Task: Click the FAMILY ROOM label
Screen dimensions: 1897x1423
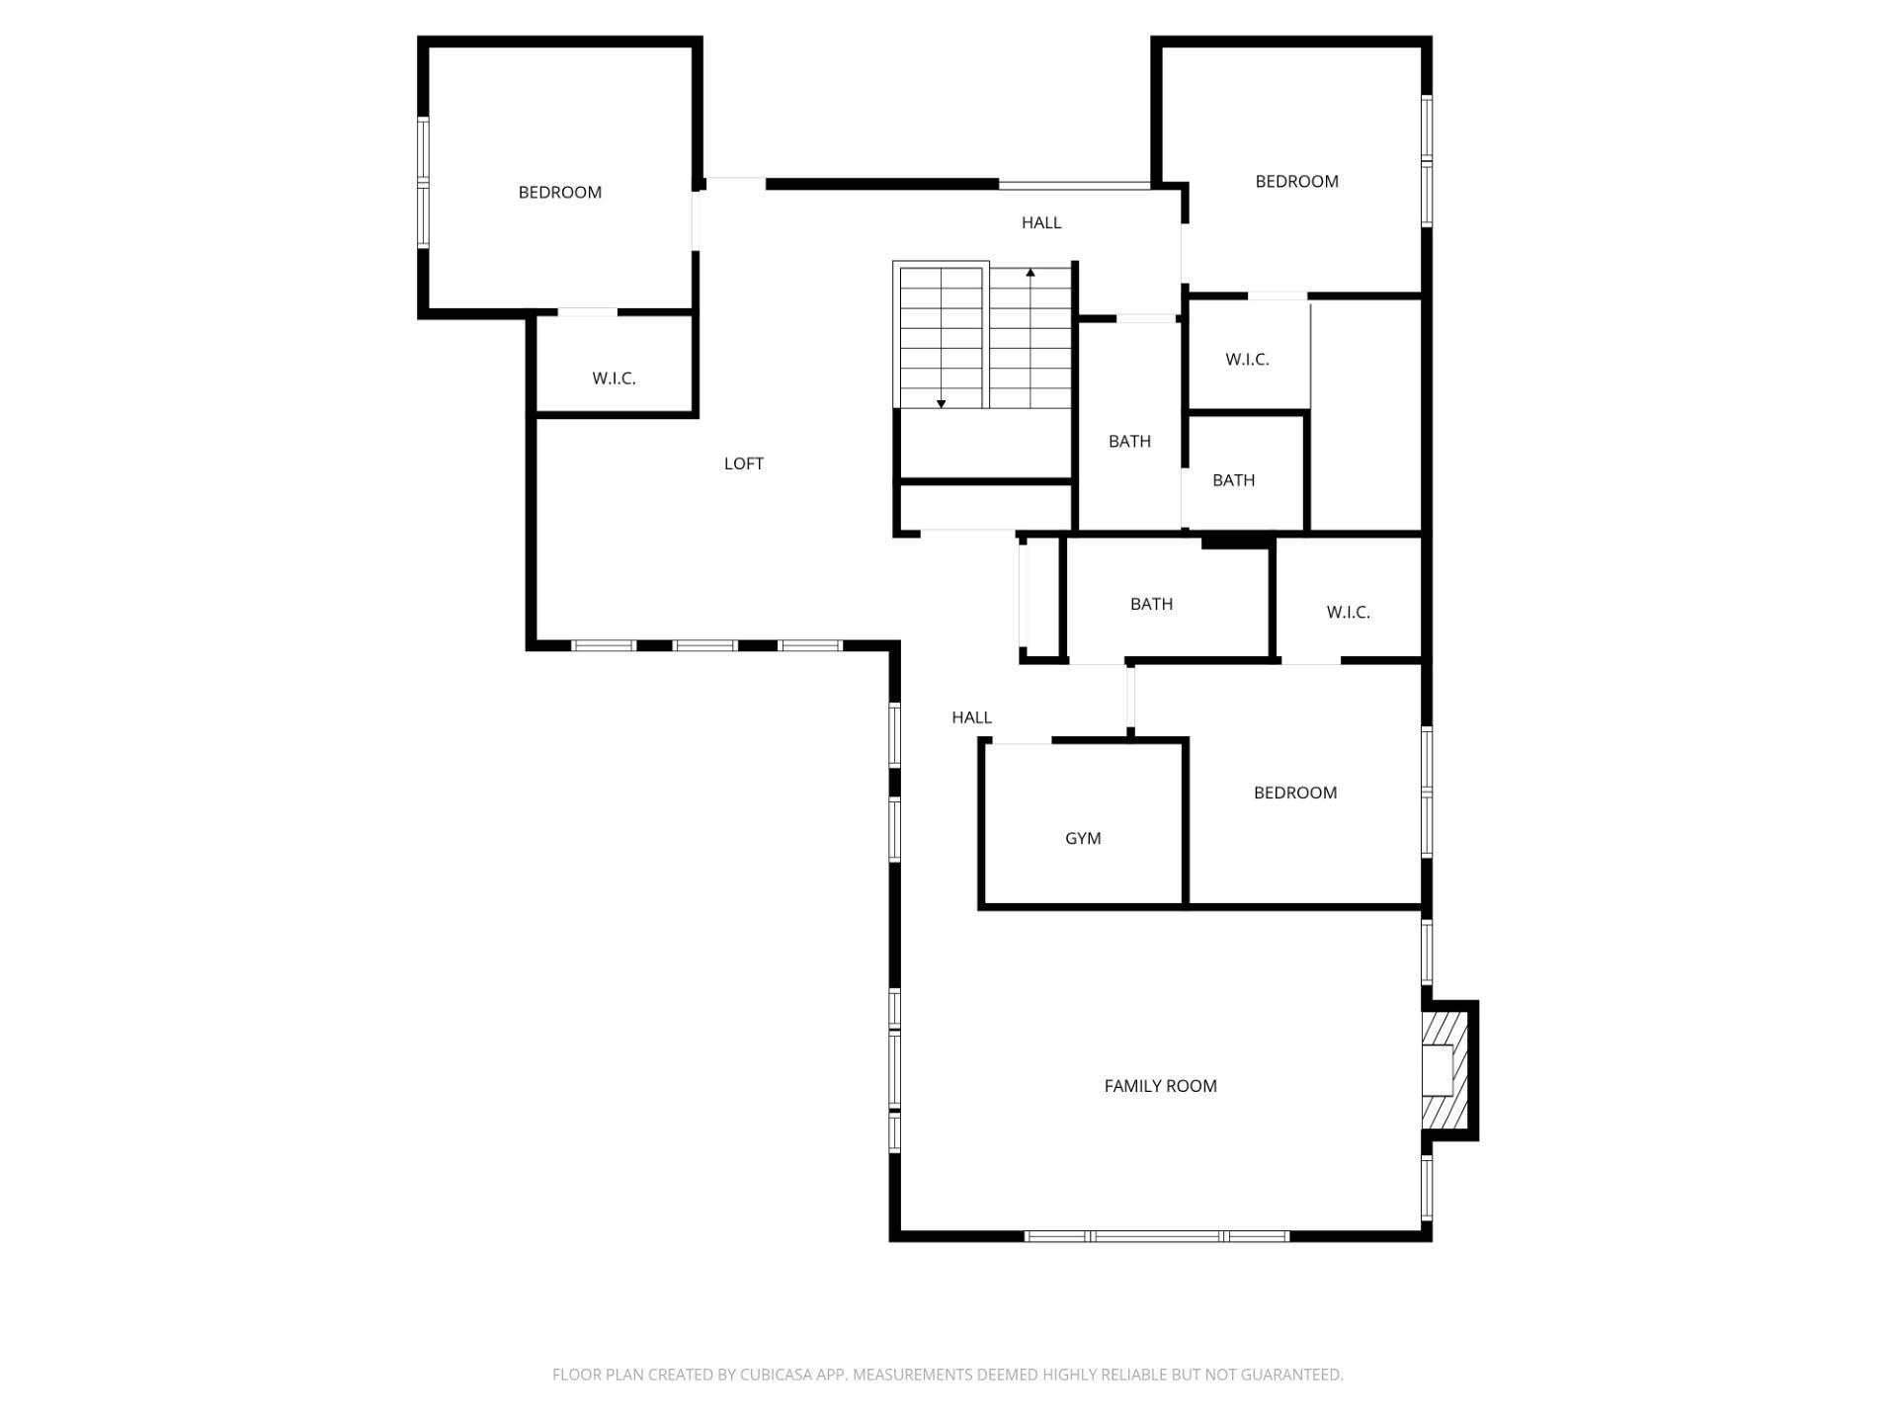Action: point(1160,1086)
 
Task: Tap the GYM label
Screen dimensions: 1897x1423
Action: point(1083,838)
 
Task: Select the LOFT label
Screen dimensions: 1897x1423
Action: point(744,463)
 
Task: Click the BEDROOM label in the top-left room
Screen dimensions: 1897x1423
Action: point(560,192)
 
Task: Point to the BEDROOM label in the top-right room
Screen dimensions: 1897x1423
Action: point(1297,181)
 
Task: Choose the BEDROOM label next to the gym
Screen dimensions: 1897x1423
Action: point(1295,793)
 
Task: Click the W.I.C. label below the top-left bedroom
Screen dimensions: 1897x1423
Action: point(614,378)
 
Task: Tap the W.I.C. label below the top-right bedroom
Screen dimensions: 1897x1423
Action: point(1247,360)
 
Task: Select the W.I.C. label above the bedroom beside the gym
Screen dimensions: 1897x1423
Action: point(1348,613)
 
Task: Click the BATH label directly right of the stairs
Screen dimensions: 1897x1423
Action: point(1129,442)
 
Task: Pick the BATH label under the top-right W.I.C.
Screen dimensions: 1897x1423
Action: point(1233,480)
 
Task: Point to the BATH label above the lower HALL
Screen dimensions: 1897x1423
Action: point(1151,604)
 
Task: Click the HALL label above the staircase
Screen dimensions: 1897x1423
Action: point(1041,223)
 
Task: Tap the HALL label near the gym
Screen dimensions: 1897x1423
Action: point(971,717)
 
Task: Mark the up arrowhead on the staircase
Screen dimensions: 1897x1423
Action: point(1031,272)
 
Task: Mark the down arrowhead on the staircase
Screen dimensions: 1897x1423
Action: point(941,403)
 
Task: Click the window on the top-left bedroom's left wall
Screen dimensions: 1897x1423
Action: point(423,182)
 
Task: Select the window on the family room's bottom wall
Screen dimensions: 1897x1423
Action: point(1157,1236)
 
